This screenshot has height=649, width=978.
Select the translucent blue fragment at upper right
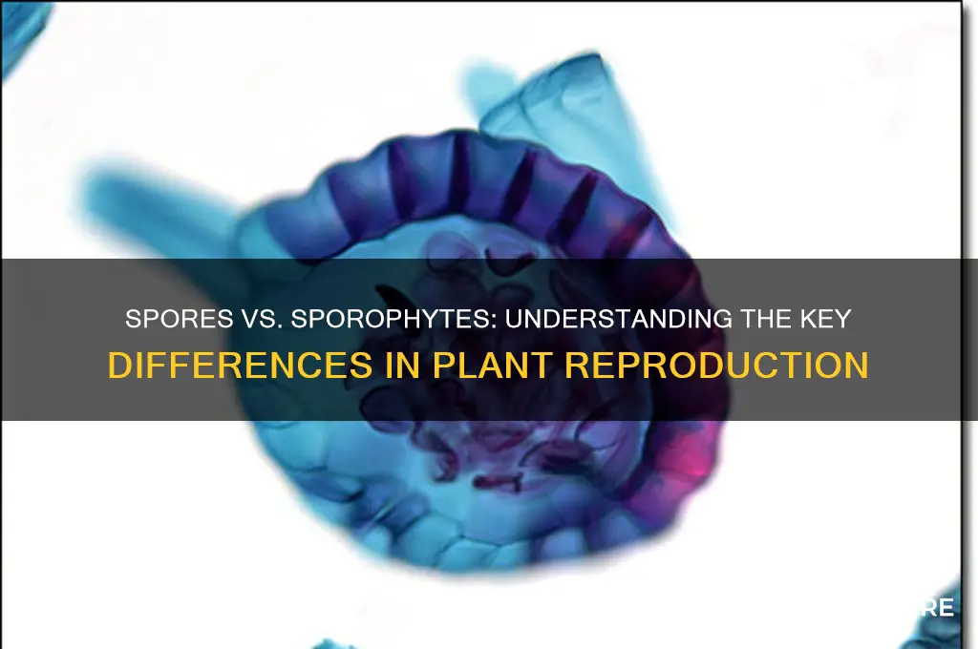[x=563, y=105]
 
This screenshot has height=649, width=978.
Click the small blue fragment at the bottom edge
[x=330, y=642]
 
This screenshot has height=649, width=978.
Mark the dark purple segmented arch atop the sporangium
[x=478, y=177]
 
